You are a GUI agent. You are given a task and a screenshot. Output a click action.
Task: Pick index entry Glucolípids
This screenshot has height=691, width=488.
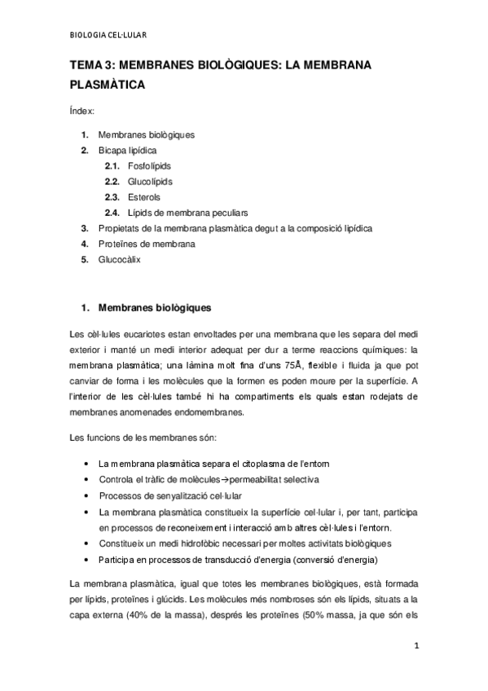click(150, 181)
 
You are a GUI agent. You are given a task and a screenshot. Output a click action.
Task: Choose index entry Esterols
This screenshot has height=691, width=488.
click(144, 196)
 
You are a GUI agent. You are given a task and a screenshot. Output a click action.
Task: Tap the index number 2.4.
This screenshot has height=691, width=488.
click(112, 212)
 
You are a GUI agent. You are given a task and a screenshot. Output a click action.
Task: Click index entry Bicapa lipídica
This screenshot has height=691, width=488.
click(128, 150)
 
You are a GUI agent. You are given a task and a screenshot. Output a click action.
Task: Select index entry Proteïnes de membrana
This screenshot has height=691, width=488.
click(147, 244)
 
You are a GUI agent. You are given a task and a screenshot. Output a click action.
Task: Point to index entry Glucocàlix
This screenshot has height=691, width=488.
click(121, 259)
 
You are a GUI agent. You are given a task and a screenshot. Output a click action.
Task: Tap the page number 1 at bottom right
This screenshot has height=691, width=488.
click(415, 647)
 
